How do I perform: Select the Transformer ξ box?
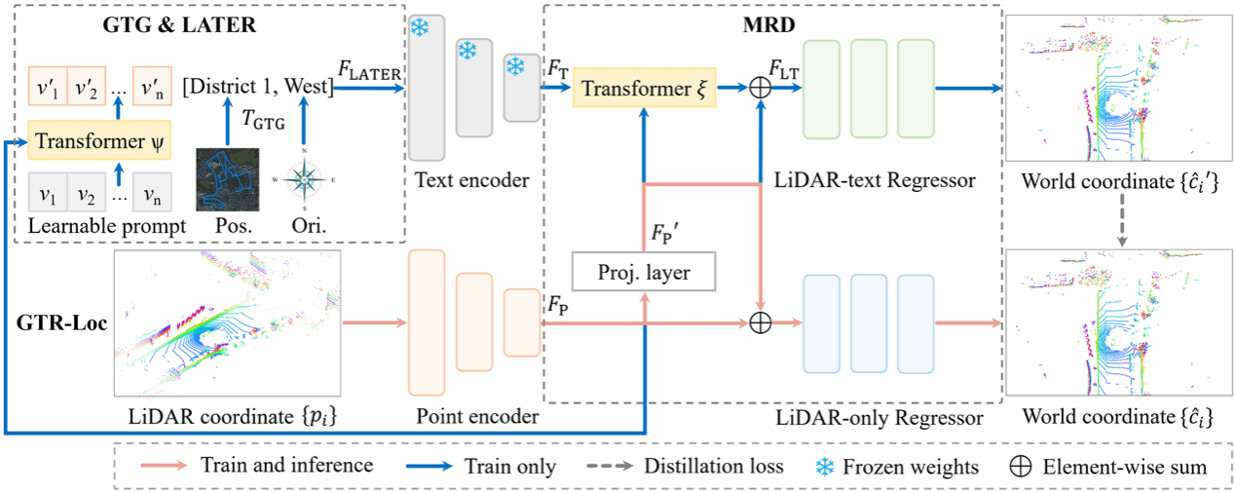(x=642, y=89)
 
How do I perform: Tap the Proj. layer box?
(x=643, y=273)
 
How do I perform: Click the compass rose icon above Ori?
(x=305, y=181)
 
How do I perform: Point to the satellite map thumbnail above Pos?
(x=228, y=179)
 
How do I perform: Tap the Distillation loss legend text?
(x=714, y=467)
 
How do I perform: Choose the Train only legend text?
(x=510, y=467)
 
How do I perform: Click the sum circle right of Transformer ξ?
(x=760, y=89)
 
